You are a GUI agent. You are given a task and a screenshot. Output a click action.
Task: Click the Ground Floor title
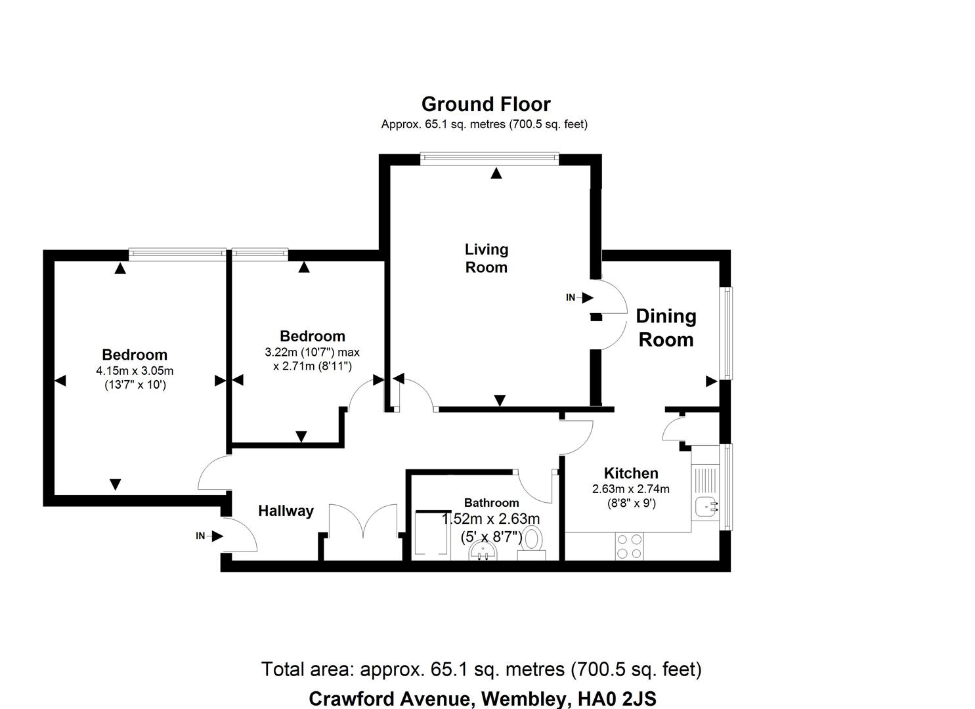pos(486,104)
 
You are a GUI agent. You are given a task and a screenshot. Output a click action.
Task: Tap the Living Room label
pos(486,258)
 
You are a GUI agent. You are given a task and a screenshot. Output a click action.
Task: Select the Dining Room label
pos(666,328)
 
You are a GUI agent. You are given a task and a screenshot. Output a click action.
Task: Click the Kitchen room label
pos(630,473)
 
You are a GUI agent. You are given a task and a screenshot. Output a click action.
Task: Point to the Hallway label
pos(286,511)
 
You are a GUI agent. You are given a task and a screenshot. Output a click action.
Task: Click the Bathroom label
pos(491,503)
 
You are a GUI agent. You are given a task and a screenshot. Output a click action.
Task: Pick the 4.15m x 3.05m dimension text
pos(135,371)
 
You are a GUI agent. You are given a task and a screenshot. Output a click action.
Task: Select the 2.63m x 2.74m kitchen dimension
pos(630,489)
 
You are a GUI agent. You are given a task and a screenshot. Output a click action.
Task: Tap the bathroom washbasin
pos(484,553)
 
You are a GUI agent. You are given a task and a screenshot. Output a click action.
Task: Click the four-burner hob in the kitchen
pos(629,546)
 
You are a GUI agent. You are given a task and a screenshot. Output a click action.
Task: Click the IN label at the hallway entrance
pos(201,536)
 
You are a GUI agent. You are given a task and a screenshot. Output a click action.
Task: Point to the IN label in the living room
pos(571,297)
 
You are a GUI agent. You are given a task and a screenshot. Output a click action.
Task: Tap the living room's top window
pos(489,157)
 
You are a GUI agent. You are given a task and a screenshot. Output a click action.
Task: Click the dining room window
pos(727,333)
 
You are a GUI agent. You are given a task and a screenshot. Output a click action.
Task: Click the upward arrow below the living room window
pos(496,173)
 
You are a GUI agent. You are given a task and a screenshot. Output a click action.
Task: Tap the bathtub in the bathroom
pos(431,535)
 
